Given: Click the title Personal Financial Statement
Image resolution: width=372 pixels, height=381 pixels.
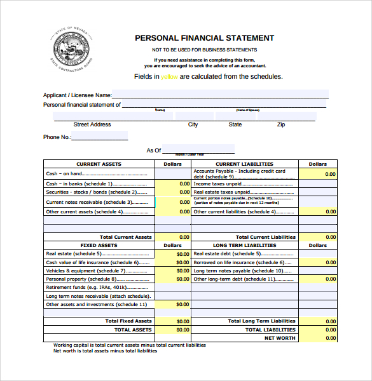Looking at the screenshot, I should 204,38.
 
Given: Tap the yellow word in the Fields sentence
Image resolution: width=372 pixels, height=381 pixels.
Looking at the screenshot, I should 170,77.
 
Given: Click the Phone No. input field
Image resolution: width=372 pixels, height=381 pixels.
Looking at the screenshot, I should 100,137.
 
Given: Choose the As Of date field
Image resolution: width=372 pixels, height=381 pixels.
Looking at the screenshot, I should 198,150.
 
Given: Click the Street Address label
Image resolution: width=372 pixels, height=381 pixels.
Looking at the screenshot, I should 92,124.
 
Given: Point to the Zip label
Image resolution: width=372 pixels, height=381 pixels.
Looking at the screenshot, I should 281,124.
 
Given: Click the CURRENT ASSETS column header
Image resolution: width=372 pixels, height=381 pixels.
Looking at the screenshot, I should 99,164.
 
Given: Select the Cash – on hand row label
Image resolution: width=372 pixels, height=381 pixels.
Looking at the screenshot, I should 64,173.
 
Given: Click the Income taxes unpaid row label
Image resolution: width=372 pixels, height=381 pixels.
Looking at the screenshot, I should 221,184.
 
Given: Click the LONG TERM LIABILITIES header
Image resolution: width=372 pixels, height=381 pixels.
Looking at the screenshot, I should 244,245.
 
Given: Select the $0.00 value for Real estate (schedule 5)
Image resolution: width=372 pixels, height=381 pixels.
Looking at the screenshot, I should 182,253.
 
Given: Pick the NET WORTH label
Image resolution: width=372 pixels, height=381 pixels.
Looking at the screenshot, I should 280,338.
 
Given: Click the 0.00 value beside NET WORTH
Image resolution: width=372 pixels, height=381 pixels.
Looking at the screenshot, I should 330,338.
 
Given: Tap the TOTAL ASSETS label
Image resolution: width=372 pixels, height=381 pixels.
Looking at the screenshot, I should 133,330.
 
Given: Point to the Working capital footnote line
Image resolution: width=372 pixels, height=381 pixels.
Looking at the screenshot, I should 130,345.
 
